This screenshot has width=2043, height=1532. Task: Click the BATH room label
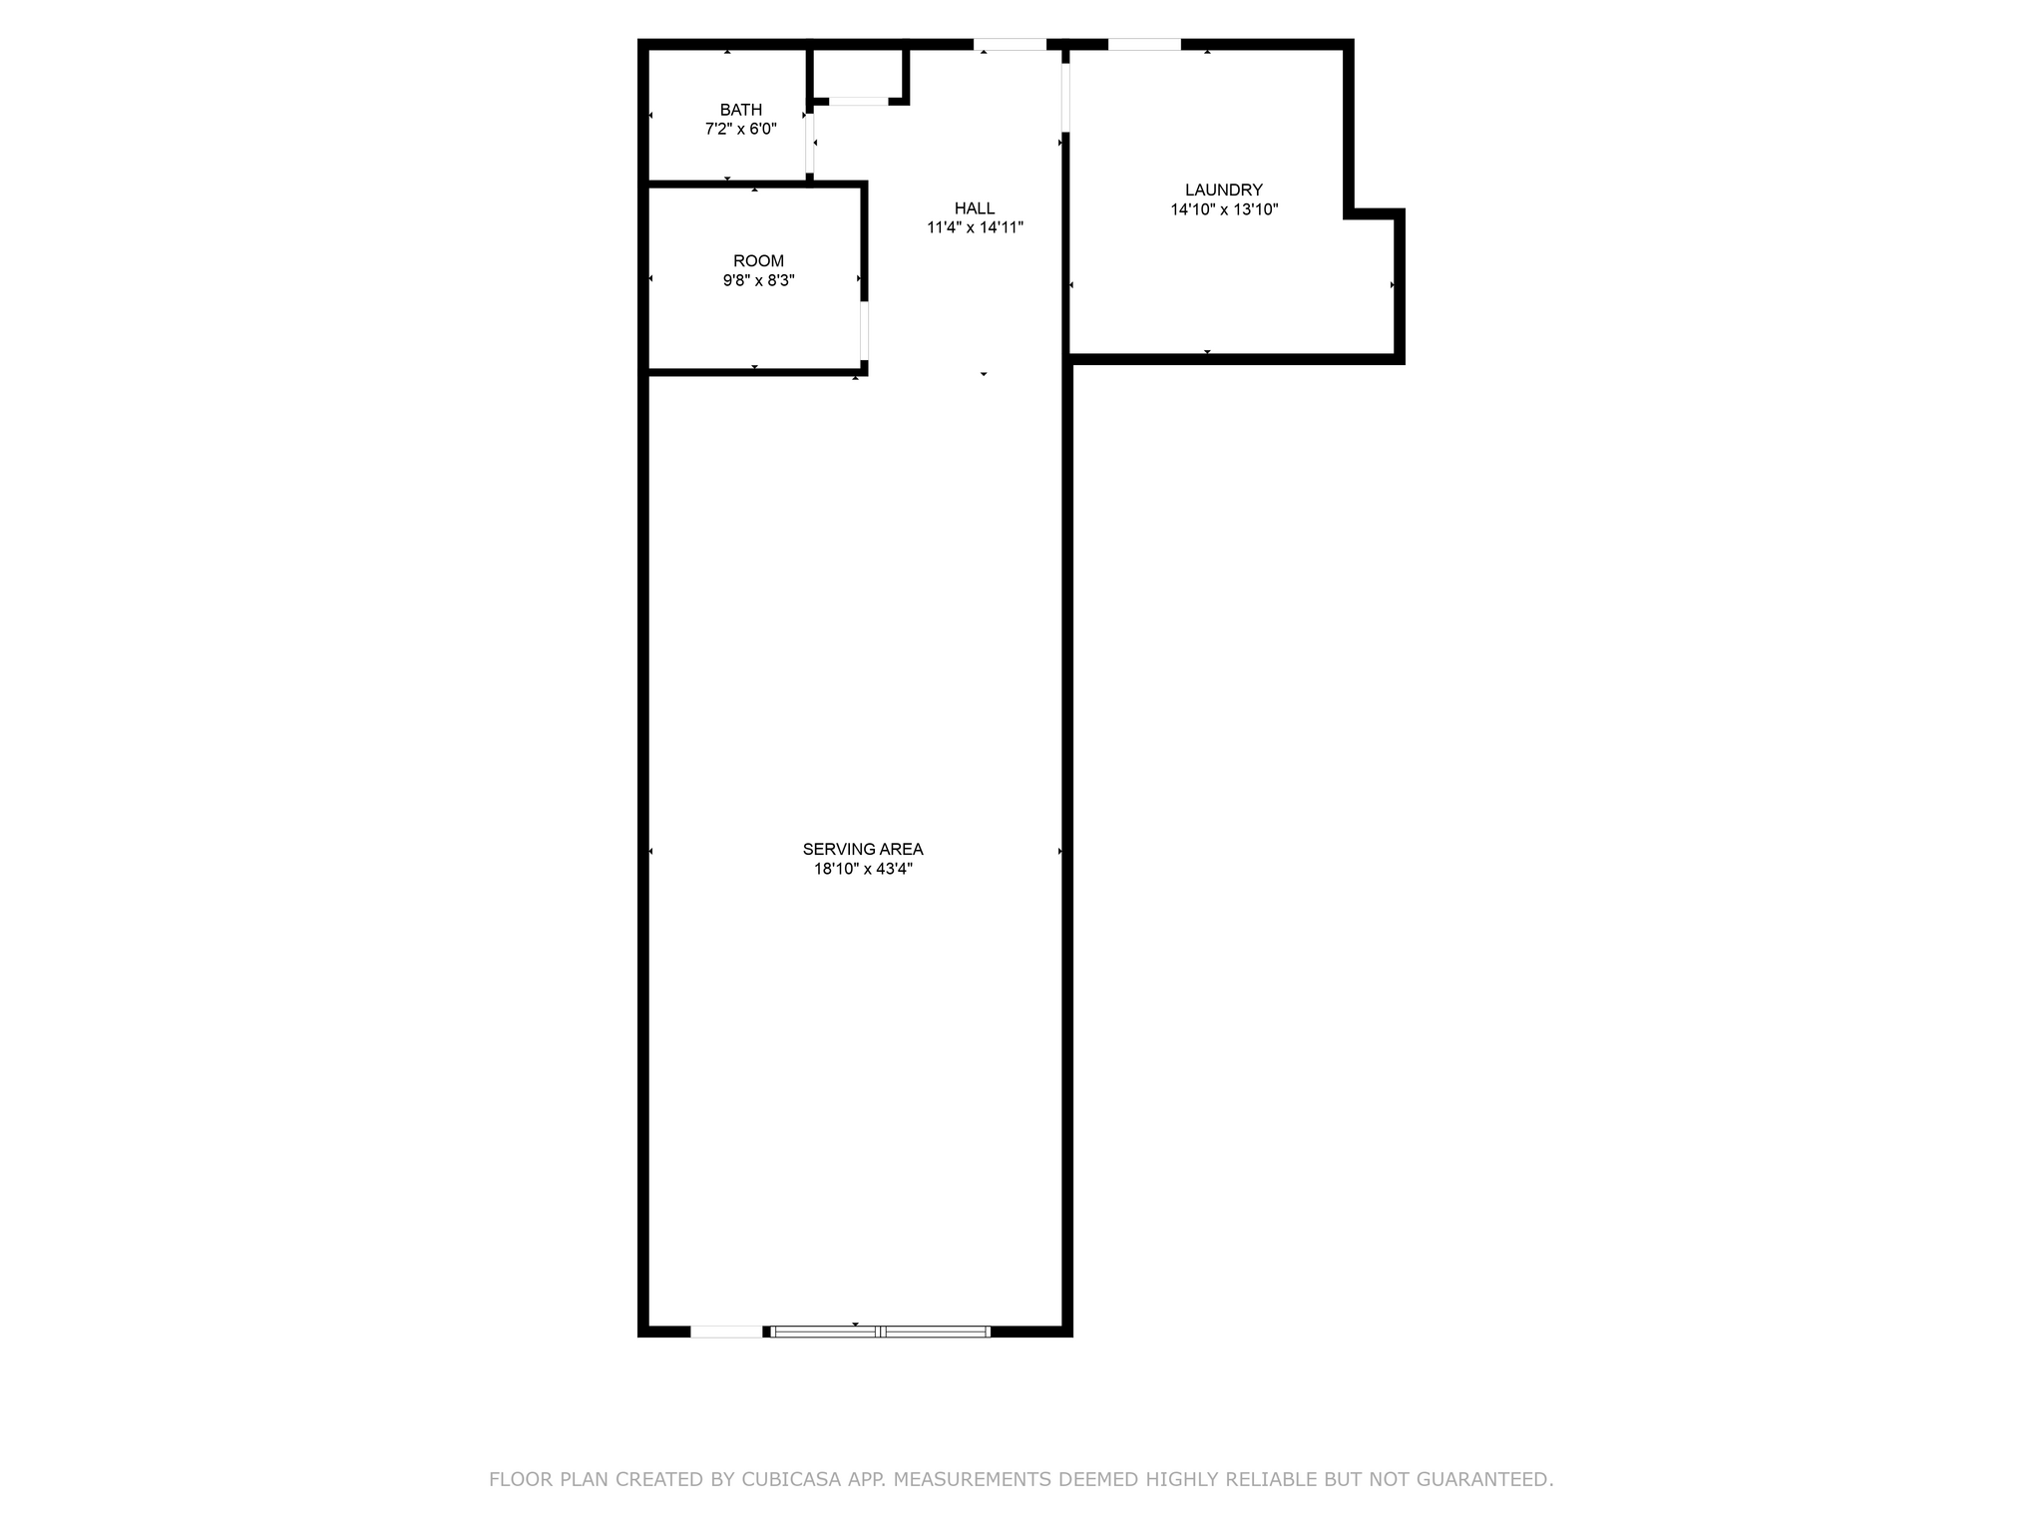[x=741, y=110]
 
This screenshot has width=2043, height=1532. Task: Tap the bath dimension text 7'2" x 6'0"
[x=741, y=129]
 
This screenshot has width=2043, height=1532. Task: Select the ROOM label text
[x=759, y=261]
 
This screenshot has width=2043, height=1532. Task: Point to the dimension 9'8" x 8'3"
[x=759, y=280]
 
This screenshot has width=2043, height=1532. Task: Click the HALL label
[x=975, y=208]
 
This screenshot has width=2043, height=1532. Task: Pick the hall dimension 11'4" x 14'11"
[x=975, y=227]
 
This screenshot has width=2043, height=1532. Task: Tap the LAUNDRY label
[x=1224, y=190]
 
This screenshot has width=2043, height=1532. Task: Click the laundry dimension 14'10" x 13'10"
[x=1224, y=209]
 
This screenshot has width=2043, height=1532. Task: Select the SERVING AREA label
[x=863, y=849]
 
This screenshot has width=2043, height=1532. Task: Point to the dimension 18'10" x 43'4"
[x=863, y=869]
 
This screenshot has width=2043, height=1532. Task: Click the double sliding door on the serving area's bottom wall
[x=882, y=1331]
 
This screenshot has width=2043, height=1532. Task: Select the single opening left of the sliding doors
[x=726, y=1331]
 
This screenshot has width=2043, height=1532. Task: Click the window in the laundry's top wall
[x=1144, y=44]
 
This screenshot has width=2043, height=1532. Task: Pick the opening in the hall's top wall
[x=1010, y=44]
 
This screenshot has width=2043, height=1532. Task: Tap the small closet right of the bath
[x=858, y=73]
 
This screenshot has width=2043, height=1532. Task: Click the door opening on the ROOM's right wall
[x=864, y=330]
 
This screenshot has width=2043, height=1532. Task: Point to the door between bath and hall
[x=810, y=144]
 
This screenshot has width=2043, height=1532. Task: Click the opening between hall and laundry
[x=1065, y=98]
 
